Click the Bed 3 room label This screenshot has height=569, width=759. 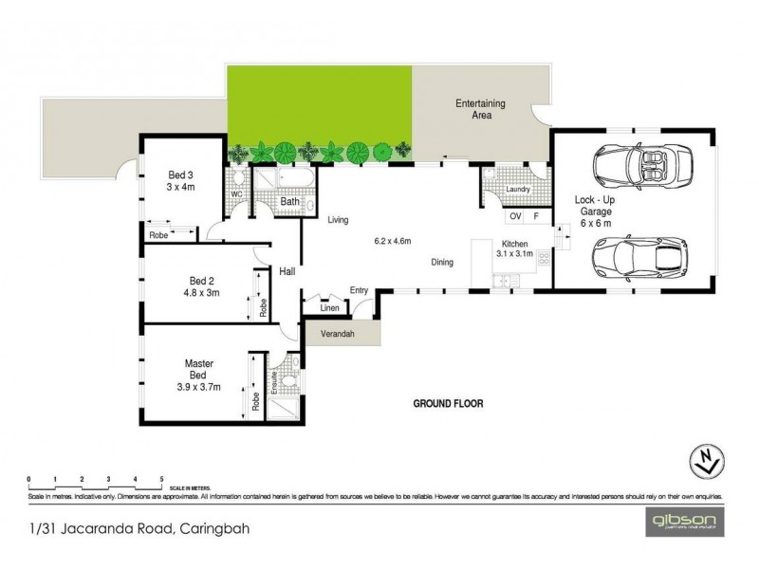178,180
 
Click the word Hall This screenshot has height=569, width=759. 287,271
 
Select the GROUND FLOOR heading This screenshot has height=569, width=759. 448,403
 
